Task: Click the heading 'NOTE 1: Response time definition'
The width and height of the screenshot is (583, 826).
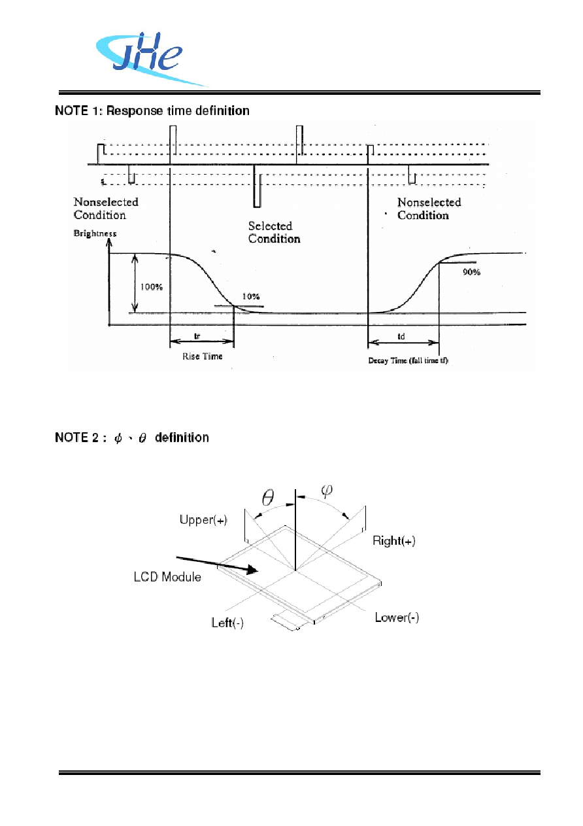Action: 152,111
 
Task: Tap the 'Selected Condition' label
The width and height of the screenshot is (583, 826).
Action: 274,232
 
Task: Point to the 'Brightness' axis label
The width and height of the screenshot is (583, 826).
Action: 95,233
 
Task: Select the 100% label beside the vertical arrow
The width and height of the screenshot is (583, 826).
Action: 152,287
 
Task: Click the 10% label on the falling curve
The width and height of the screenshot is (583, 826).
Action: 250,296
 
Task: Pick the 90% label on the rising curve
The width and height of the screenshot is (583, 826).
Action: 471,272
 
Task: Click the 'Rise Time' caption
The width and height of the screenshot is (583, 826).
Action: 203,356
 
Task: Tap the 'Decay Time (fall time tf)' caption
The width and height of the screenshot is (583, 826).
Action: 408,360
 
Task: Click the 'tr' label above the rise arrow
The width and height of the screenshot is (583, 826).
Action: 197,336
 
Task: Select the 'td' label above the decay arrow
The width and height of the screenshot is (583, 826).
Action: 401,336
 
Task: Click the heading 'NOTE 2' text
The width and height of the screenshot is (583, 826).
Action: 81,438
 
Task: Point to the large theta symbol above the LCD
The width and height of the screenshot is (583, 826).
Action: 268,498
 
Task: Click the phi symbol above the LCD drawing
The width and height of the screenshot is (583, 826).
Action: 327,490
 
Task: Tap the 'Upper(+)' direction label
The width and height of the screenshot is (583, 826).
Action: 203,519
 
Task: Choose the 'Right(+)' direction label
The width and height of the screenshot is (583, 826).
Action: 394,541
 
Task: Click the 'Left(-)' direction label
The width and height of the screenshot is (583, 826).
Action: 227,623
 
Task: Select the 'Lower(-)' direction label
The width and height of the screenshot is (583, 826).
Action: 397,617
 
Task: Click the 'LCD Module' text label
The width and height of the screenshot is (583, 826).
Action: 167,577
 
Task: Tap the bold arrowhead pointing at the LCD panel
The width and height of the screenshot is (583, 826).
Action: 252,570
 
